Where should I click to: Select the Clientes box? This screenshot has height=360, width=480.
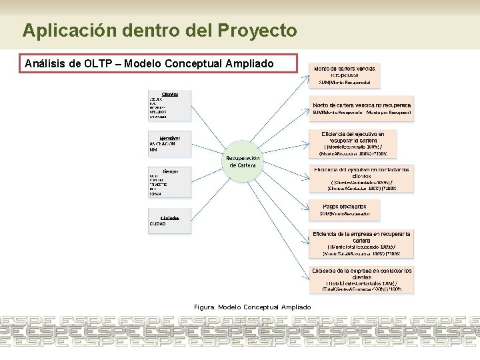pos(169,105)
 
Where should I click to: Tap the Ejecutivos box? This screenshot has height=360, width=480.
pos(169,144)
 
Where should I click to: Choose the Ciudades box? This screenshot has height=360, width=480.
pos(169,219)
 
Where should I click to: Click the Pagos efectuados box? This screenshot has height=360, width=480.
pos(345,210)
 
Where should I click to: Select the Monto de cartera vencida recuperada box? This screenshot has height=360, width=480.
pos(344,75)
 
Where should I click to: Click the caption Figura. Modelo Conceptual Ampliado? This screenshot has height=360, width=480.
pos(252,307)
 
